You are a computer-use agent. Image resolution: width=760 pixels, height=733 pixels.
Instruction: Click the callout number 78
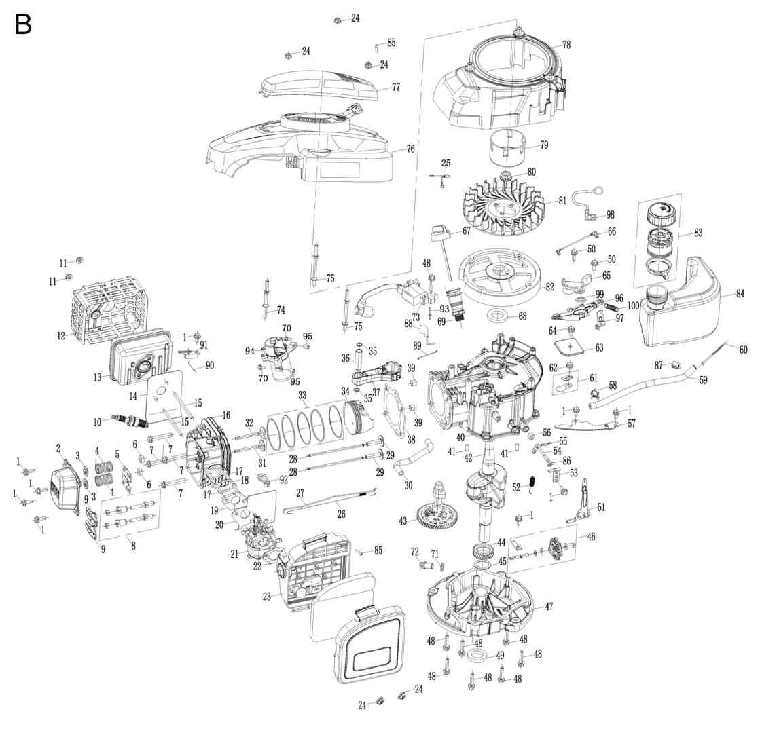[566, 45]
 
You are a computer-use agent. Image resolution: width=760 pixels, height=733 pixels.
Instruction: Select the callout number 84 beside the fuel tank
[740, 294]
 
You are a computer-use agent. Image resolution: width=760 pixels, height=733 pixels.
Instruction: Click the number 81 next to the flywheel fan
[562, 201]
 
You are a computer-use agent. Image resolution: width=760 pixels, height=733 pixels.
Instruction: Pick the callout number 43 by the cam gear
[403, 521]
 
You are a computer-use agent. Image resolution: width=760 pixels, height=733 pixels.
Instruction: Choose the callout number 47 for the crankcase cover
[549, 606]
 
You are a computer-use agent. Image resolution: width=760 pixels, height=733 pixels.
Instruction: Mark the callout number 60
[743, 350]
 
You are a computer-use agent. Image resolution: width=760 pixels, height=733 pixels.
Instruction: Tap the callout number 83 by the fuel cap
[698, 233]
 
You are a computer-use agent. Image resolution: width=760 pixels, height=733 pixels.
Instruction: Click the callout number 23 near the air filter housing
[267, 597]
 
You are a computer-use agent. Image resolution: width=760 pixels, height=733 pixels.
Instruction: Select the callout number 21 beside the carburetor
[234, 554]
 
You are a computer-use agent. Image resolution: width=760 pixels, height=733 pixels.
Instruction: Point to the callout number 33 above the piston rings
[302, 394]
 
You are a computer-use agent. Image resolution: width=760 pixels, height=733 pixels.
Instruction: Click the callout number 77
[395, 88]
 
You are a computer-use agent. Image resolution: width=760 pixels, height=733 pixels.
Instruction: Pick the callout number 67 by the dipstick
[466, 231]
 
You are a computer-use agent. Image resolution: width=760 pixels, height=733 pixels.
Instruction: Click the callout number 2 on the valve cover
[58, 447]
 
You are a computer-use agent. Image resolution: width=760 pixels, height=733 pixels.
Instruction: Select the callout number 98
[610, 214]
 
